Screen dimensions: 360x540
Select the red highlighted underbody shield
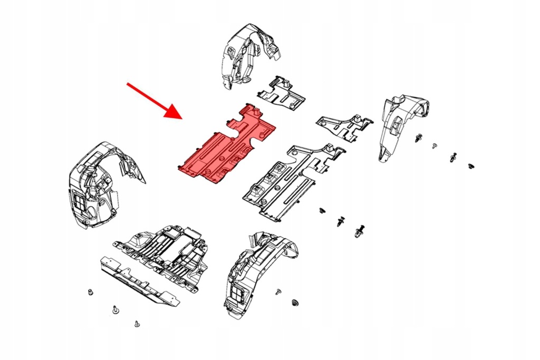[227, 145]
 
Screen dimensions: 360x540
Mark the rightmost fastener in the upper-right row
[470, 167]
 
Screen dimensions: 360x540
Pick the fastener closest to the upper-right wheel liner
[419, 139]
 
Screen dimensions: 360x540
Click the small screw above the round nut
[278, 290]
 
